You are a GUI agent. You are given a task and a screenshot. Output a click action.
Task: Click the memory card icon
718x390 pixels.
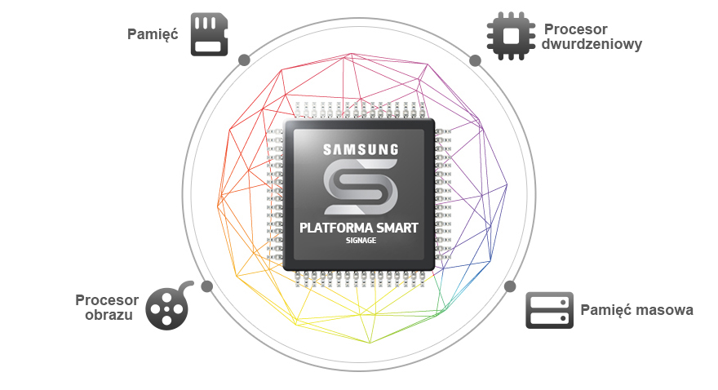209,34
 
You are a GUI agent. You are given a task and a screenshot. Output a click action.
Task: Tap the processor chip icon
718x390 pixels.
511,36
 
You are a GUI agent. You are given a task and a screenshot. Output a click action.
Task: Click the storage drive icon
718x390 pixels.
549,310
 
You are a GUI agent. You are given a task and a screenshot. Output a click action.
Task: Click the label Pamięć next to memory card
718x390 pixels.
153,35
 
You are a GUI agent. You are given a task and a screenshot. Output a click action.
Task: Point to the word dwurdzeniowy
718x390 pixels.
592,44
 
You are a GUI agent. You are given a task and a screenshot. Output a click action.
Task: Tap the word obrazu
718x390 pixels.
109,316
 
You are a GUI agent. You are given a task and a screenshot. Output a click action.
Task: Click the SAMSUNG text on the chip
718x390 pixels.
361,149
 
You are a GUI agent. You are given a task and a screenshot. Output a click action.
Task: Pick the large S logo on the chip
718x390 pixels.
361,187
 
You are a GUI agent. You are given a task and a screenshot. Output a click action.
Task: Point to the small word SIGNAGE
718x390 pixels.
361,241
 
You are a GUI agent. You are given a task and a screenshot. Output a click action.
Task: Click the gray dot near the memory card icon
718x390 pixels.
245,60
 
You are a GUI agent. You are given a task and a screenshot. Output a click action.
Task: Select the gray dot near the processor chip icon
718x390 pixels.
476,60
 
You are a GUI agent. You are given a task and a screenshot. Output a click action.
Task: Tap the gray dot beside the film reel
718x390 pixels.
207,286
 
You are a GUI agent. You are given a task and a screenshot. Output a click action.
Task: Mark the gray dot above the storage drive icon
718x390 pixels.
510,286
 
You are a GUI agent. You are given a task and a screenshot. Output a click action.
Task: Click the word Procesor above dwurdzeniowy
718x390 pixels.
575,29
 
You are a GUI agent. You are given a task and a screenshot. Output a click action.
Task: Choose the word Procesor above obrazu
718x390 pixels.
107,300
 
